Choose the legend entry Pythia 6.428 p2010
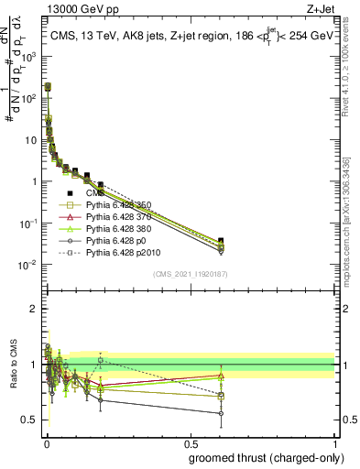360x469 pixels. [124, 249]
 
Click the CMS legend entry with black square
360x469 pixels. [94, 193]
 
